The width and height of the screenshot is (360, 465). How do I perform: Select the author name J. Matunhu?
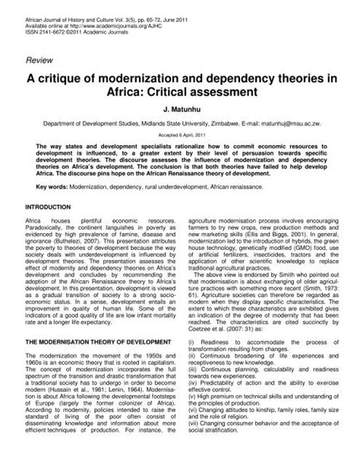179,109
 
